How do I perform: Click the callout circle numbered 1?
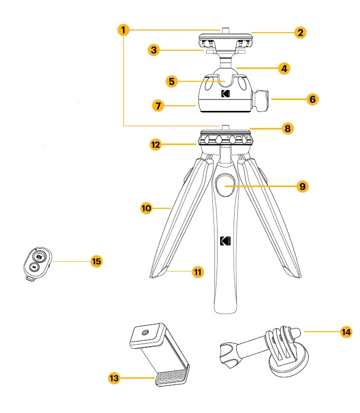click(123, 30)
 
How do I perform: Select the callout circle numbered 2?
click(299, 32)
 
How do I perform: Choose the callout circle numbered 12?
click(155, 145)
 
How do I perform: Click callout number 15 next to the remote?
click(96, 261)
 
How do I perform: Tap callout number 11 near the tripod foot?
click(198, 272)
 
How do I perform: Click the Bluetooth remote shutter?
click(36, 263)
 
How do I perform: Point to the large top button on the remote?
click(38, 257)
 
